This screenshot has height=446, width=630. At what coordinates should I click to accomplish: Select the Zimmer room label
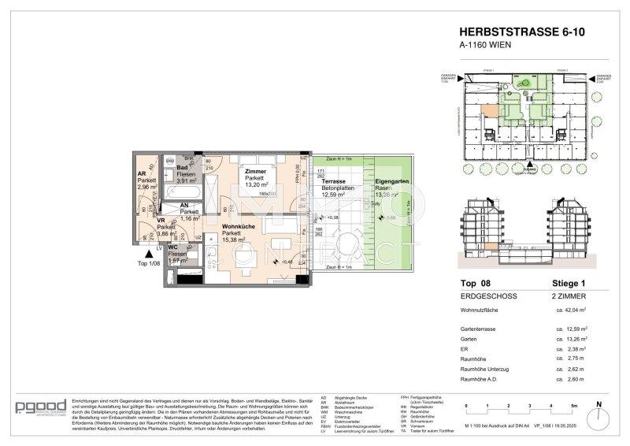[x=256, y=171]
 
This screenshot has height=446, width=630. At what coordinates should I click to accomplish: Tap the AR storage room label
[x=143, y=175]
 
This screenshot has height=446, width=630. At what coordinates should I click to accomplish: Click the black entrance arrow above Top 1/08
[x=143, y=254]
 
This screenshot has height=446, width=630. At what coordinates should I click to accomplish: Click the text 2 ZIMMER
[x=565, y=298]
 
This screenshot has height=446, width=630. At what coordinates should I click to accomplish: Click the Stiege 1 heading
[x=567, y=284]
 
